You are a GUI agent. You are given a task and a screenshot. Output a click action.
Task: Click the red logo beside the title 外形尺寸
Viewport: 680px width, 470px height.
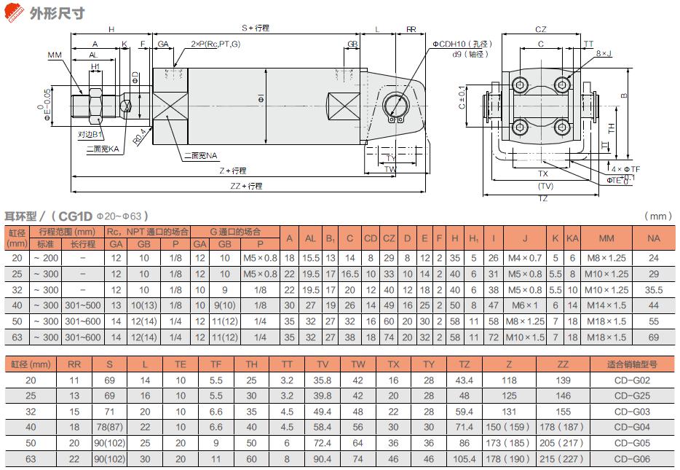(x=13, y=12)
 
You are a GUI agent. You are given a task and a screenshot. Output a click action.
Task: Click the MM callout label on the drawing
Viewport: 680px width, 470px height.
(x=55, y=55)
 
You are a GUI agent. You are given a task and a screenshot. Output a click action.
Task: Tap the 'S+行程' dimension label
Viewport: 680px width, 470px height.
(x=256, y=28)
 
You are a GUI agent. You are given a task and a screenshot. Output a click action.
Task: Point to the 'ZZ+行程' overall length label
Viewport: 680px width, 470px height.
(x=246, y=186)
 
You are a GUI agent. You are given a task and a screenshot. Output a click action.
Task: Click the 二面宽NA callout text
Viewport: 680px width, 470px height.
(x=200, y=156)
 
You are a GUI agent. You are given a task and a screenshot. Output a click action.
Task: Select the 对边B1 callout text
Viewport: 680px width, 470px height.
(x=90, y=135)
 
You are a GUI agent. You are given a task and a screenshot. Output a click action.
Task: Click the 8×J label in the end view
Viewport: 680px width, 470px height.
(x=604, y=53)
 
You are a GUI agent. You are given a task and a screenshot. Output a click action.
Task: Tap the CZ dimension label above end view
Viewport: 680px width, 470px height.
(x=540, y=29)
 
